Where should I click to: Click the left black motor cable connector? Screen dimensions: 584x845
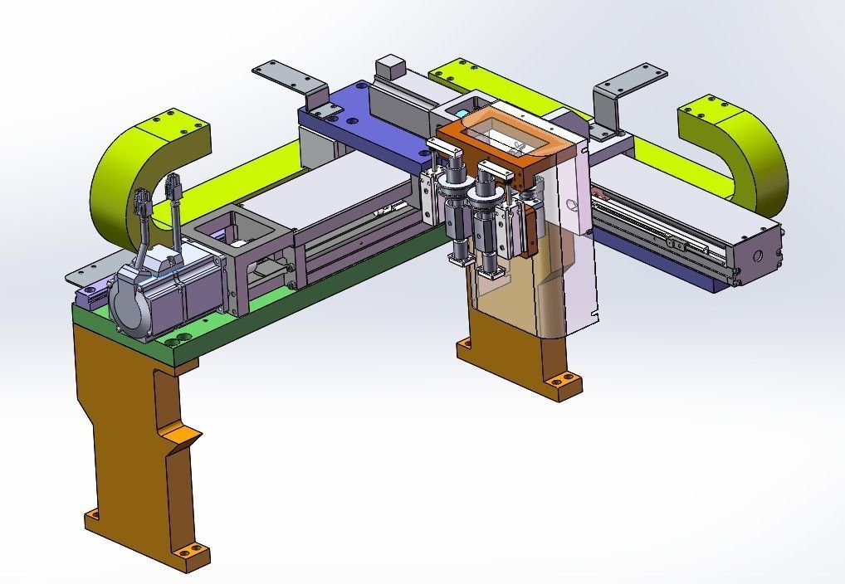[x=140, y=202]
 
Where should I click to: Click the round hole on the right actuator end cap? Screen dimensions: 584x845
[x=756, y=256]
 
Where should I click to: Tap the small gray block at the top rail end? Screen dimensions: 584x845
[x=389, y=66]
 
